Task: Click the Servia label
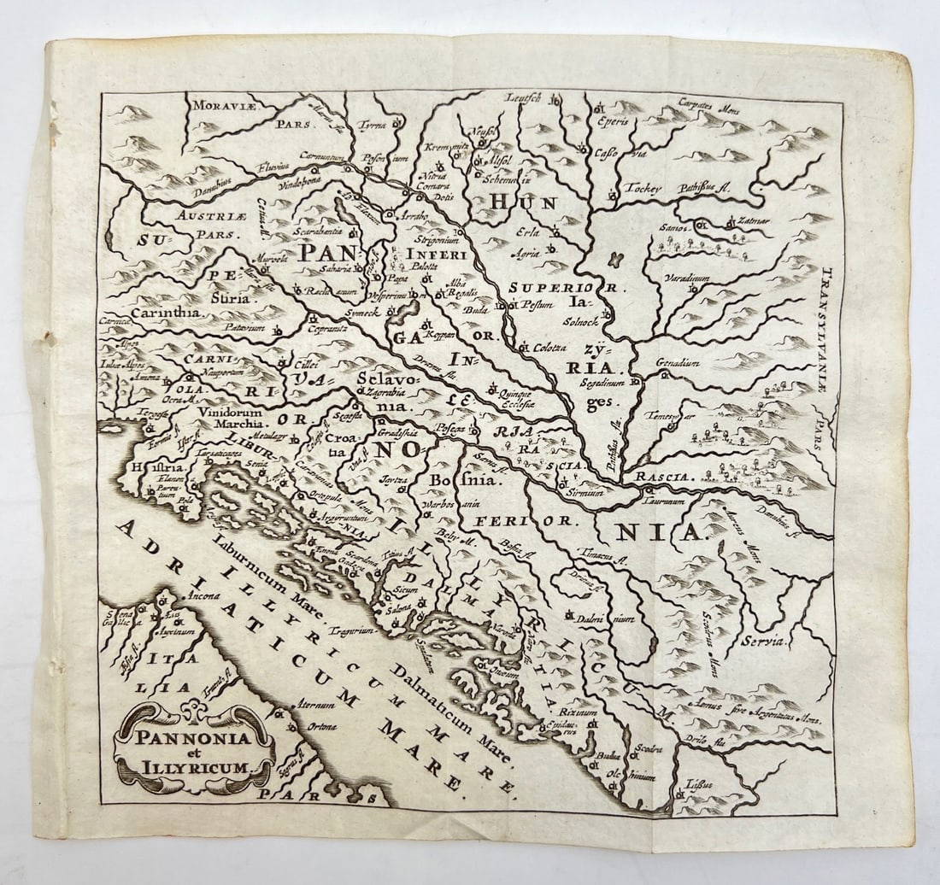coord(767,638)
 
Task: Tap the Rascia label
coord(663,476)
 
